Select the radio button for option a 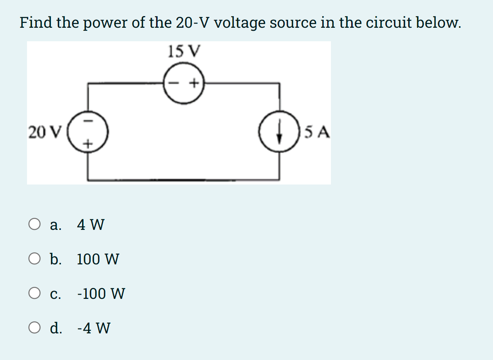point(35,224)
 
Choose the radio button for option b point(35,259)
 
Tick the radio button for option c point(35,293)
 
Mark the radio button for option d point(35,328)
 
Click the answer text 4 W point(90,225)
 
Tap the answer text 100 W point(98,259)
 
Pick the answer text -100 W point(101,294)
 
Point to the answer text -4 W point(94,328)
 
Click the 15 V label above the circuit point(184,51)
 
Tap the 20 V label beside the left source point(44,132)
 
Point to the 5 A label point(317,132)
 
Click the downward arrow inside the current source point(279,133)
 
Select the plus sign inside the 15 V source point(194,83)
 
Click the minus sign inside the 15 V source point(174,83)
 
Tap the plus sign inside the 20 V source point(87,144)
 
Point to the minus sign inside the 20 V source point(87,121)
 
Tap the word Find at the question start point(36,22)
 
